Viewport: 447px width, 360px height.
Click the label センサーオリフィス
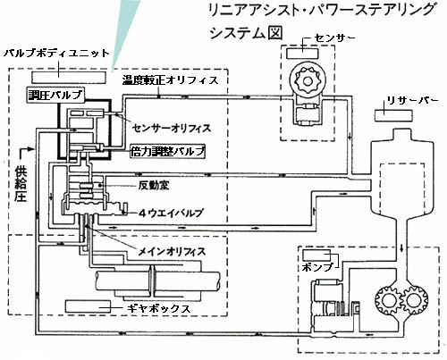[172, 129]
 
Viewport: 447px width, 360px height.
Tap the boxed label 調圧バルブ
[55, 95]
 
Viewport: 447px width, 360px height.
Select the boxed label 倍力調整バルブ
[168, 152]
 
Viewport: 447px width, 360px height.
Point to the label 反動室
[154, 186]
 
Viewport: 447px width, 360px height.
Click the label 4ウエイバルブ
[171, 213]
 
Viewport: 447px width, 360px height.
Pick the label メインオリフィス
[172, 252]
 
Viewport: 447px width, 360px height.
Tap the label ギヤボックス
[158, 308]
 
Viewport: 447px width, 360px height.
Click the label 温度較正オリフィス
[171, 80]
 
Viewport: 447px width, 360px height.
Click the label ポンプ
[317, 267]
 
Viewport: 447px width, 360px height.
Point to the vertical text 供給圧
[21, 185]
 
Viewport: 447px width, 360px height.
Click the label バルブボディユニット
[57, 54]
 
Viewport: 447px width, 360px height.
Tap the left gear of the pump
[388, 299]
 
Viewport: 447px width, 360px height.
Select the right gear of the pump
[414, 299]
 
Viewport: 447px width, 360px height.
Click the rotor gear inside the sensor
[307, 80]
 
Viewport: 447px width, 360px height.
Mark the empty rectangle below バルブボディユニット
[69, 77]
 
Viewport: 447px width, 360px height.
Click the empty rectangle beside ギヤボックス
[88, 306]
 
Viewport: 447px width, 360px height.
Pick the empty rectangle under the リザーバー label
[393, 115]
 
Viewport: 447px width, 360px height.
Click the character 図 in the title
[274, 32]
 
